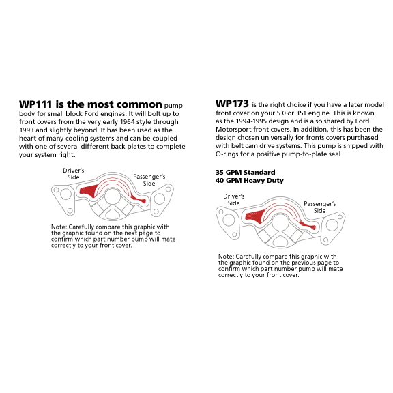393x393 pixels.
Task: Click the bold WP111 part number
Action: [35, 104]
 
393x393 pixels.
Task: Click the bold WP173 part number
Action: [232, 104]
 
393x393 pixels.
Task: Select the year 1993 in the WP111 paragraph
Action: [27, 130]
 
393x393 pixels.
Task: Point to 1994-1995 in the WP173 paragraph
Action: [251, 121]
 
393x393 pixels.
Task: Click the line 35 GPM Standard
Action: [246, 173]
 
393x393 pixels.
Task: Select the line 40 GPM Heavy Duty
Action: [250, 180]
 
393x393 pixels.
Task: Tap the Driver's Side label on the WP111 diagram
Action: [74, 174]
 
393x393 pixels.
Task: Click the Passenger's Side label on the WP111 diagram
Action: [149, 180]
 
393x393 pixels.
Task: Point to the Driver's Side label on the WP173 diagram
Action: [234, 200]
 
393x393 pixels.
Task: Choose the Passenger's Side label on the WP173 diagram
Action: [320, 207]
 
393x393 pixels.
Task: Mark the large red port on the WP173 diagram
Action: [254, 216]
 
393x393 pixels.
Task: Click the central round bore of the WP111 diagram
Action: [113, 196]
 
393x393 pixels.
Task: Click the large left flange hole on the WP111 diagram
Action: [65, 194]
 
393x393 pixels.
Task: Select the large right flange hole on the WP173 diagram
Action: [332, 224]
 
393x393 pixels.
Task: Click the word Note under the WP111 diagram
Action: [59, 227]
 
